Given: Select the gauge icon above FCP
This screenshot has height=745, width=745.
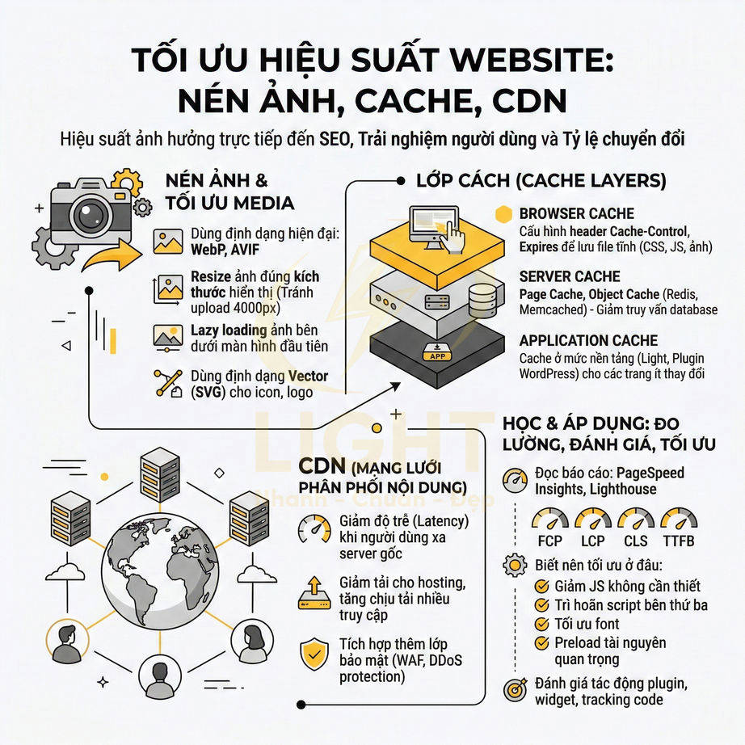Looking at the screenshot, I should pos(549,519).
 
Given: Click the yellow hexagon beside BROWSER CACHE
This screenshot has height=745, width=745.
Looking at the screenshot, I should pos(504,213).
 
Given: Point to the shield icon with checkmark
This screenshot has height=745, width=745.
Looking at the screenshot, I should pos(313,652).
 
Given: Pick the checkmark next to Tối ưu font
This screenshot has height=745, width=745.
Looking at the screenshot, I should pos(543,624).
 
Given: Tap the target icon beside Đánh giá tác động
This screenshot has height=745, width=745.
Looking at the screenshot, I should pos(515,689).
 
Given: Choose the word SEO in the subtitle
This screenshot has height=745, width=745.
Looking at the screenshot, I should pos(335,138).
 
